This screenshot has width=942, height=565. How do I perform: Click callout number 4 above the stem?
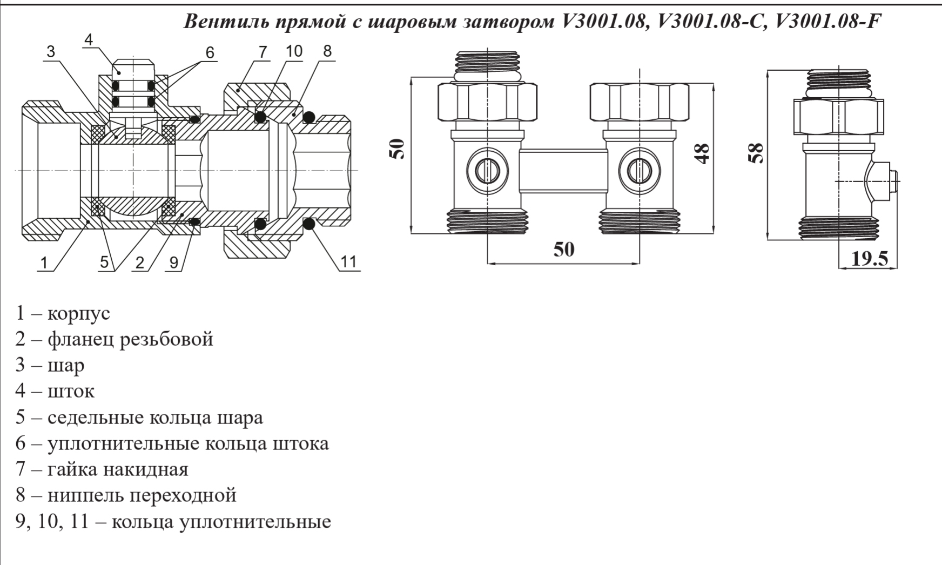point(89,39)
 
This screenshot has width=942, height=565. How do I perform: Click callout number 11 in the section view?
point(349,261)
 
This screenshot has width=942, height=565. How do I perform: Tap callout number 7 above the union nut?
point(263,52)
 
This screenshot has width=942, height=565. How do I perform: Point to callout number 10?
point(294,51)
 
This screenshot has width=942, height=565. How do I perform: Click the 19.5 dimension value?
point(870,259)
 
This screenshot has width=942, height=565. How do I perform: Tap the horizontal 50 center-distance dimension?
point(563,249)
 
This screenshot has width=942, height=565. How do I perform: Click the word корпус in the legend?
point(79,313)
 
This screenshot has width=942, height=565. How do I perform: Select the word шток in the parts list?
point(71,391)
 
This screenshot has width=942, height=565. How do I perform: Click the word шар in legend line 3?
point(66,366)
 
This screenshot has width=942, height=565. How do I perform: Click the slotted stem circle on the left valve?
point(488,171)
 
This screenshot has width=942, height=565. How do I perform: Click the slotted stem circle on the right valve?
point(638,171)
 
